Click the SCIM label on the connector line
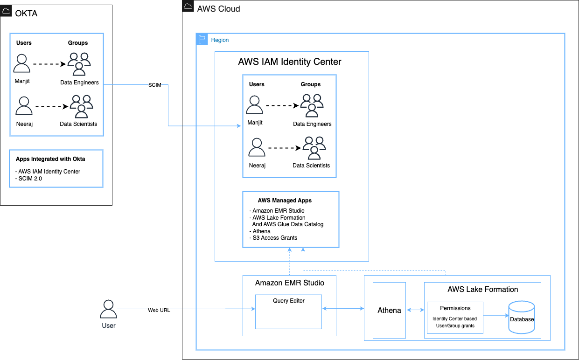(155, 85)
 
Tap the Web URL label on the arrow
(159, 310)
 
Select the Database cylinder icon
(522, 317)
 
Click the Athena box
(389, 310)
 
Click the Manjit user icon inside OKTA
(22, 64)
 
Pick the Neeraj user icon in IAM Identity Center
(256, 147)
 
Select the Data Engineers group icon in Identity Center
(312, 105)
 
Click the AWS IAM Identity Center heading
(290, 62)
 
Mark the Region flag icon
(202, 40)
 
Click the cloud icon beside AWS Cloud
(188, 7)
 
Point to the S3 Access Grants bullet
(274, 238)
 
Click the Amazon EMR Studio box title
(289, 283)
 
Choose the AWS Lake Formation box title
(482, 289)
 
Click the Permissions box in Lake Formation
(455, 317)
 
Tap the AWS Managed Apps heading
(285, 201)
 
